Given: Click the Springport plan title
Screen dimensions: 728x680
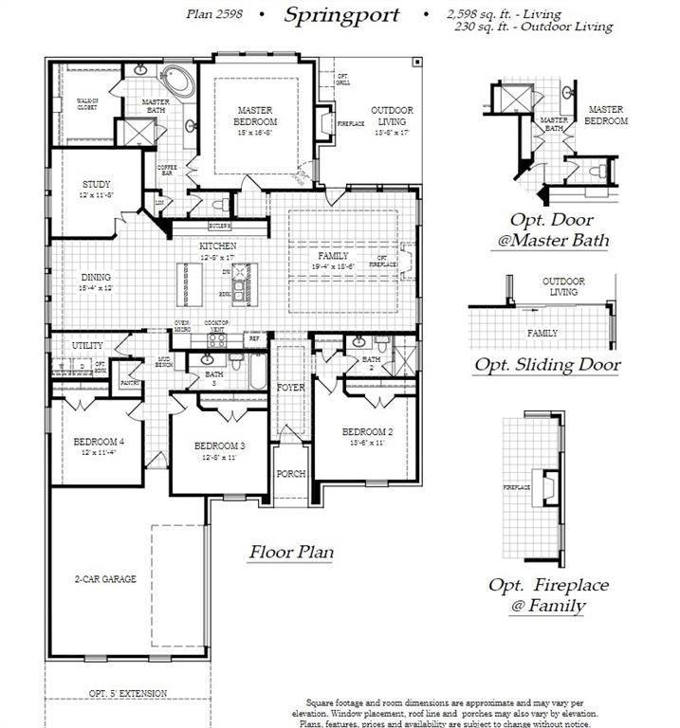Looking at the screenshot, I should [x=341, y=15].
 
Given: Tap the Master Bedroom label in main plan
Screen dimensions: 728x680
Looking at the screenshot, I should [x=255, y=117].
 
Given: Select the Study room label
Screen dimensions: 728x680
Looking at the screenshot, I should [x=96, y=184].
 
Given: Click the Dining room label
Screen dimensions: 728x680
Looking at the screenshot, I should [x=96, y=278].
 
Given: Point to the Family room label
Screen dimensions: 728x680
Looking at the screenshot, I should [x=334, y=256].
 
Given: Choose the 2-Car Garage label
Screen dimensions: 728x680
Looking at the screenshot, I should [x=105, y=578].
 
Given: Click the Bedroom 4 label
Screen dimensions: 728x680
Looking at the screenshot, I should [x=100, y=442].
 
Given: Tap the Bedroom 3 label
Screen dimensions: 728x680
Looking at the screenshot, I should [x=220, y=446].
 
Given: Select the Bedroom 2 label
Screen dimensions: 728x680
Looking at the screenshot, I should [x=366, y=432].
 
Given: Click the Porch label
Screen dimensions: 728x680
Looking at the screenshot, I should [x=290, y=473].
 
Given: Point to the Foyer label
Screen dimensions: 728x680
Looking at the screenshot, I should [x=290, y=389].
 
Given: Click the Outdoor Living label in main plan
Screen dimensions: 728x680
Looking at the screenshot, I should [x=391, y=116].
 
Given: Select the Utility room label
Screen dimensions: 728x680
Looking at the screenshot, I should [x=88, y=346].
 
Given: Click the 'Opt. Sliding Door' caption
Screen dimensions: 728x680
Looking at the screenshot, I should [x=547, y=364].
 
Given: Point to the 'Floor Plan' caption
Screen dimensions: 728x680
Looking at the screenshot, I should [x=291, y=552].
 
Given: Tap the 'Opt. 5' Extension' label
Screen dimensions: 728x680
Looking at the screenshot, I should [x=128, y=694].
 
